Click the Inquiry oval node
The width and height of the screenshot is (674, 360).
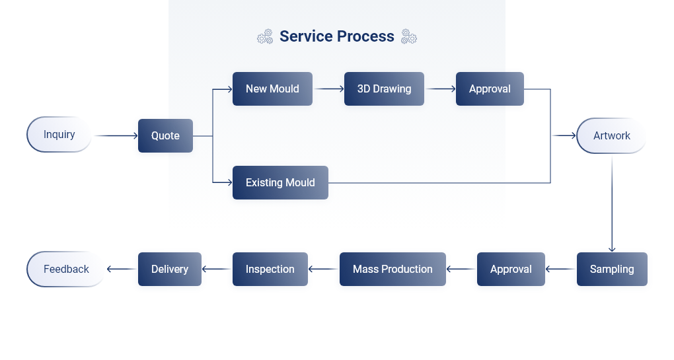59,135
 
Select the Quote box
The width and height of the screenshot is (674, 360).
165,136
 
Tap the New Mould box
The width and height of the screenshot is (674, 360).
272,89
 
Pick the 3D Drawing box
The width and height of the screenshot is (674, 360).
385,89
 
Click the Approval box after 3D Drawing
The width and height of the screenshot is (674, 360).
490,89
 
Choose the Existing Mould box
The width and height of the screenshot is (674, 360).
280,182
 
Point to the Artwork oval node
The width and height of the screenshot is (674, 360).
611,136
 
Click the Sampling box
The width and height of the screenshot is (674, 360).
612,269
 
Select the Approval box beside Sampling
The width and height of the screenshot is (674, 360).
511,269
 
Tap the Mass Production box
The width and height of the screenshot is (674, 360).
393,269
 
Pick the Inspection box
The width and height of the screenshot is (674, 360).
270,269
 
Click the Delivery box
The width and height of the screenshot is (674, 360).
170,269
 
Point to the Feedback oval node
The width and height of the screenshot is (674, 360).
66,269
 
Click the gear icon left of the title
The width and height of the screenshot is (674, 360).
265,36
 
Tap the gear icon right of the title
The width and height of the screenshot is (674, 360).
409,36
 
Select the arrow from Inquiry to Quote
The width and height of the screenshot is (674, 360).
116,136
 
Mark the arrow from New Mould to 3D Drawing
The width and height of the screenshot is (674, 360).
329,89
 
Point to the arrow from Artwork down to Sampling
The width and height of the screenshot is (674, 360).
612,204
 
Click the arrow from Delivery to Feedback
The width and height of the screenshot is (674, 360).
121,269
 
